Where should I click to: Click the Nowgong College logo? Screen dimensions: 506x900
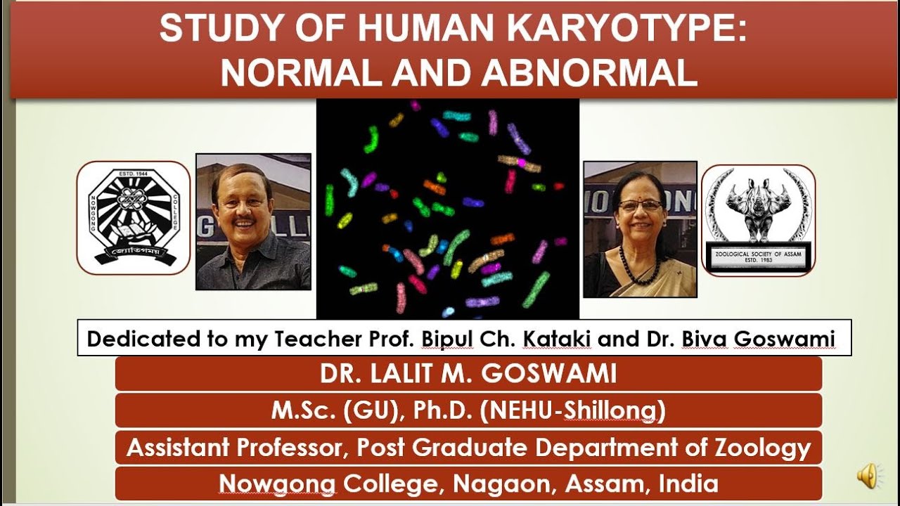click(133, 217)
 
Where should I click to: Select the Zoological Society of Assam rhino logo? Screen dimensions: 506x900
click(758, 220)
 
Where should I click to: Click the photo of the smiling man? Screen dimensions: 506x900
click(253, 222)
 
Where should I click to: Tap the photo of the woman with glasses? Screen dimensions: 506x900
click(640, 229)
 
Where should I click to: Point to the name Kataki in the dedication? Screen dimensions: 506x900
click(559, 339)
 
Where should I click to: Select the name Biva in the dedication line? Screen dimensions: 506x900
click(705, 339)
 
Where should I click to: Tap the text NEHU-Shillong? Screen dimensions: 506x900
click(572, 411)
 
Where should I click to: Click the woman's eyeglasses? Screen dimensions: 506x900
click(640, 205)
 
